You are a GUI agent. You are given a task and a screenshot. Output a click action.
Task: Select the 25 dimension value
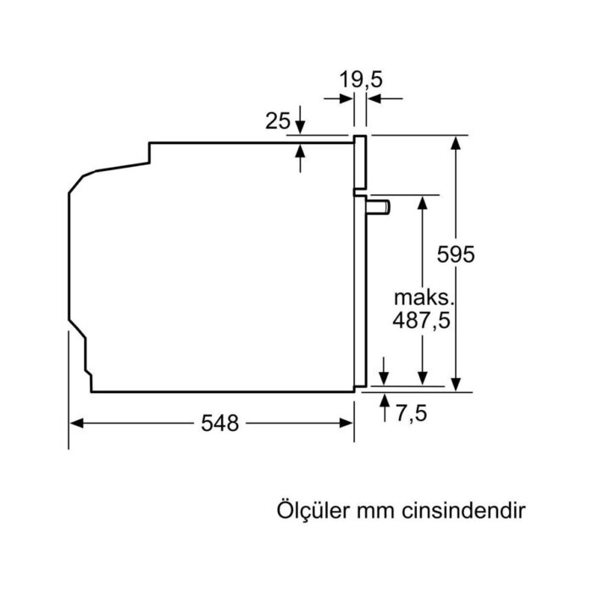[278, 121]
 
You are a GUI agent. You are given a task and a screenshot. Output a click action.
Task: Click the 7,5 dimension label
[409, 413]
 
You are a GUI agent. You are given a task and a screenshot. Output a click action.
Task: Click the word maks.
[424, 299]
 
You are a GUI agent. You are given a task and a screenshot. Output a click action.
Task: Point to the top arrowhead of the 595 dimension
[457, 143]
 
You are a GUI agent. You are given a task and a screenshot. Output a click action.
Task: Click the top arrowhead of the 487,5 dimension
[422, 202]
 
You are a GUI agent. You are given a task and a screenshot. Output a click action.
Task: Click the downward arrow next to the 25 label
[301, 126]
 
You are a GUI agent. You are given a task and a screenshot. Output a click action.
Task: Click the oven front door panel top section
[360, 162]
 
